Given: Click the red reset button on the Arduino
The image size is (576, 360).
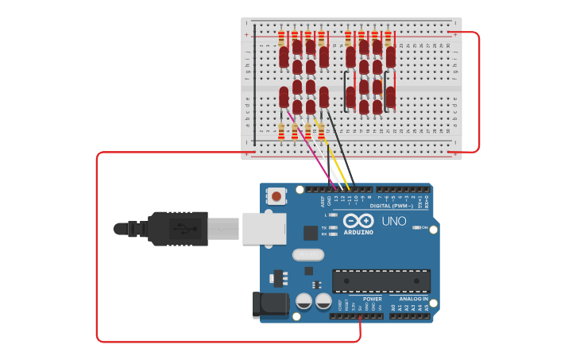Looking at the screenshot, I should (276, 195).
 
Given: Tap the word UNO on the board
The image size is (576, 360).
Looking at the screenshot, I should (394, 222).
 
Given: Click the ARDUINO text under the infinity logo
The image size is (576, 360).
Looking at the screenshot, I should (358, 232).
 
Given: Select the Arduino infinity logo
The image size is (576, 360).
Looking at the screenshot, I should (358, 221).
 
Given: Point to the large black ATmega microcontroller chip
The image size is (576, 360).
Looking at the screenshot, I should (381, 281).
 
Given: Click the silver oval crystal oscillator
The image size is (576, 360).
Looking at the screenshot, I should (308, 255).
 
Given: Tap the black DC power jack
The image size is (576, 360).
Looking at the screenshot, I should (269, 306).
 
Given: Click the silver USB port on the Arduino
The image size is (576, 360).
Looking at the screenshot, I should (264, 228).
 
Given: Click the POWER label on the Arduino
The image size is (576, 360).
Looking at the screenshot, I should (372, 300).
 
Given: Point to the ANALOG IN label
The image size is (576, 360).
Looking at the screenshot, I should (414, 300).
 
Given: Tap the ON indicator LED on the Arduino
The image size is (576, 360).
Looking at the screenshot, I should (416, 228).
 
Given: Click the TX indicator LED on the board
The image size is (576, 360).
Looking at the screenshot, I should (333, 228).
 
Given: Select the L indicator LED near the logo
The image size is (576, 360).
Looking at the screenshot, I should (333, 215).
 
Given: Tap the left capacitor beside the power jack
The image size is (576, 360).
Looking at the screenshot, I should (303, 301).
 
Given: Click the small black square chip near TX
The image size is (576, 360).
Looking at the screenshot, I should (311, 232).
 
